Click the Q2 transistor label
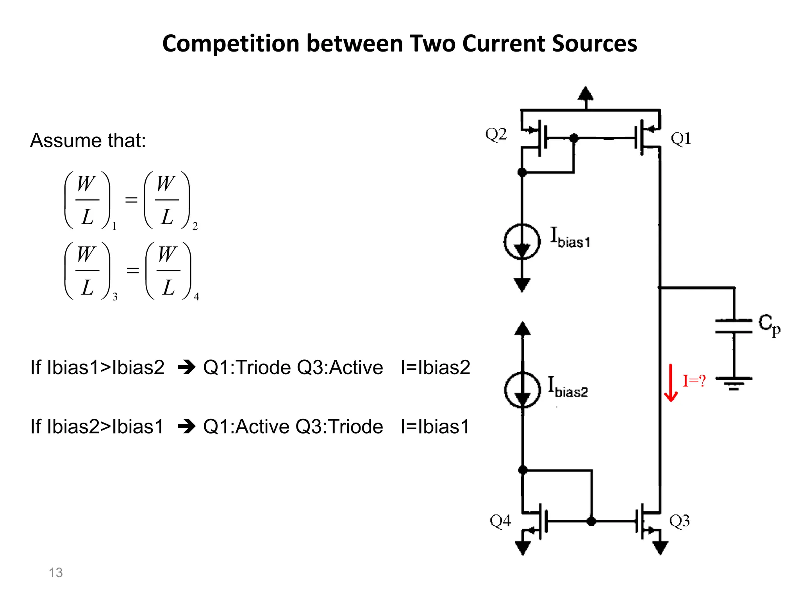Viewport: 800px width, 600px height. pyautogui.click(x=496, y=135)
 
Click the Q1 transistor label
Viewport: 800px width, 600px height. pyautogui.click(x=681, y=139)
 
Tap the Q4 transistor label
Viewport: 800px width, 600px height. pyautogui.click(x=500, y=521)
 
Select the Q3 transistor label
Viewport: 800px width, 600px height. pyautogui.click(x=679, y=521)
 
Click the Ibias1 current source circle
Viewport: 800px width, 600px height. pyautogui.click(x=522, y=241)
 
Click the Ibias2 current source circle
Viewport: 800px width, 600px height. pyautogui.click(x=523, y=390)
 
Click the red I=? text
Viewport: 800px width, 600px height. pyautogui.click(x=694, y=381)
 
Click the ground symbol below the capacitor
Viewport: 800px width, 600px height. pyautogui.click(x=734, y=383)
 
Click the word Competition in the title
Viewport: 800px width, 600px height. pyautogui.click(x=231, y=43)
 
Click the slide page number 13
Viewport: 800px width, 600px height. pyautogui.click(x=55, y=573)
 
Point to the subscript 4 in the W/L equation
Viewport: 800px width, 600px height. pyautogui.click(x=196, y=297)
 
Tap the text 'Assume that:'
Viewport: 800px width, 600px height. pyautogui.click(x=88, y=140)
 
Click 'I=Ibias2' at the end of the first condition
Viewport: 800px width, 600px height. pyautogui.click(x=435, y=368)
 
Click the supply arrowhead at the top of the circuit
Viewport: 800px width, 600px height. pyautogui.click(x=585, y=94)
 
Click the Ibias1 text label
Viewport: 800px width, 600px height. pyautogui.click(x=570, y=238)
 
